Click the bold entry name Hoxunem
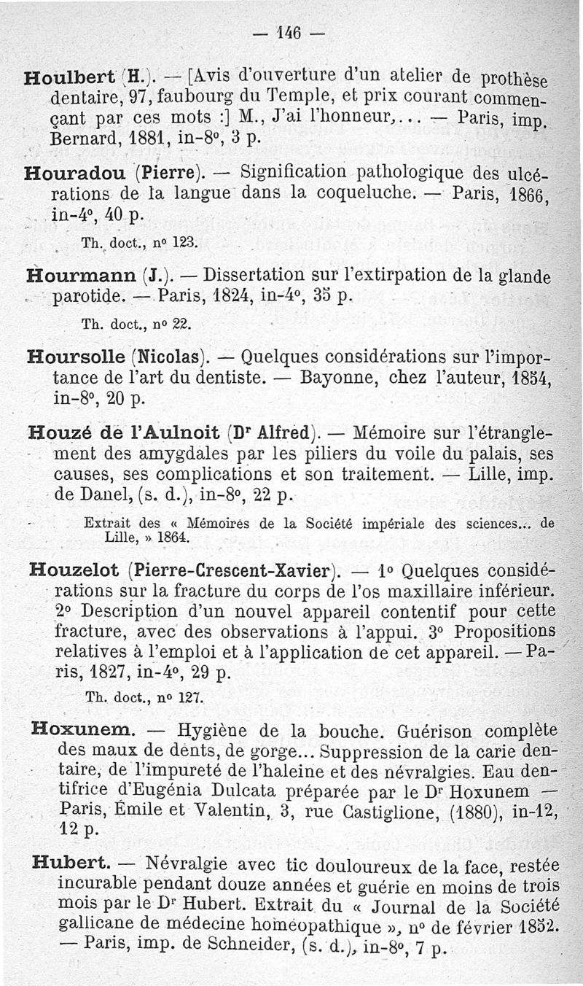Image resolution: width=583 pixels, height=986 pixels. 83,729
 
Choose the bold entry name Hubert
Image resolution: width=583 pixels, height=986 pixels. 71,862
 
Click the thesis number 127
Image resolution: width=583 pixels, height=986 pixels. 190,696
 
